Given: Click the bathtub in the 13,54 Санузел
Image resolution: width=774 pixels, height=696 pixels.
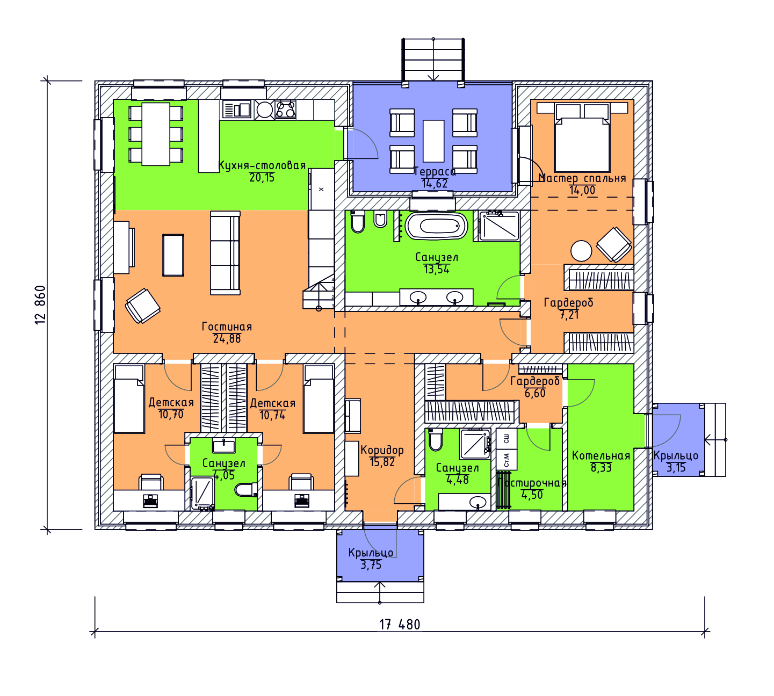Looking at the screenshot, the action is pyautogui.click(x=436, y=225).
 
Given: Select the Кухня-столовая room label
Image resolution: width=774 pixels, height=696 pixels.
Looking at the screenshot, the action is pyautogui.click(x=262, y=166).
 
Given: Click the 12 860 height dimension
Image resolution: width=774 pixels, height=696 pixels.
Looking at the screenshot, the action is pyautogui.click(x=40, y=305).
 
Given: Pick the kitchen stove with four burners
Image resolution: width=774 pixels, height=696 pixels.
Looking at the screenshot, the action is pyautogui.click(x=286, y=109).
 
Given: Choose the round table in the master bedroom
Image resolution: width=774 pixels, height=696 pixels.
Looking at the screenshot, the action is pyautogui.click(x=581, y=251).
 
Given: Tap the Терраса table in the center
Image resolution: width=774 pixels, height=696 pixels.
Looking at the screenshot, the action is pyautogui.click(x=433, y=141).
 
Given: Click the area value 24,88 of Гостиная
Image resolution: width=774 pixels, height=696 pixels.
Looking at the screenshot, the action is pyautogui.click(x=227, y=339).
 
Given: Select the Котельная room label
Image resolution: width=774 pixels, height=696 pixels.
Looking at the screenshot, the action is pyautogui.click(x=601, y=455).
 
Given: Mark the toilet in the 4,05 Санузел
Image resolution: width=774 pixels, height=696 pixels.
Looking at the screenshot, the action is pyautogui.click(x=246, y=490).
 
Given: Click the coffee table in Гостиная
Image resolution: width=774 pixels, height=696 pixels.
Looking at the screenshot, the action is pyautogui.click(x=173, y=255).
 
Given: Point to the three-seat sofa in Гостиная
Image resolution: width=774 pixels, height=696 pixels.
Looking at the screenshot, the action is pyautogui.click(x=226, y=253).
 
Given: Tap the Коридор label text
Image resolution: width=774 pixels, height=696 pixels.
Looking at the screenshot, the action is pyautogui.click(x=382, y=450).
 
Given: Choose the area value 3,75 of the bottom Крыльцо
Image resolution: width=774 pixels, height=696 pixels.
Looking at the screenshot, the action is pyautogui.click(x=371, y=565).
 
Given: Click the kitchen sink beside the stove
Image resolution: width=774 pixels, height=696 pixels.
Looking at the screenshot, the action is pyautogui.click(x=237, y=109).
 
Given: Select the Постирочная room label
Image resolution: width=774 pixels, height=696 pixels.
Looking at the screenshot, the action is pyautogui.click(x=532, y=483).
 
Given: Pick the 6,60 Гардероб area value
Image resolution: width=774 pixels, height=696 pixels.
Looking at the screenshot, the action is pyautogui.click(x=535, y=393).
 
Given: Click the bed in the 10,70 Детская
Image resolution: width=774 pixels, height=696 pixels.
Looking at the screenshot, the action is pyautogui.click(x=129, y=399).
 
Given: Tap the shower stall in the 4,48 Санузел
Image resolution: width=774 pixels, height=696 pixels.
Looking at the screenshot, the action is pyautogui.click(x=475, y=444).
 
